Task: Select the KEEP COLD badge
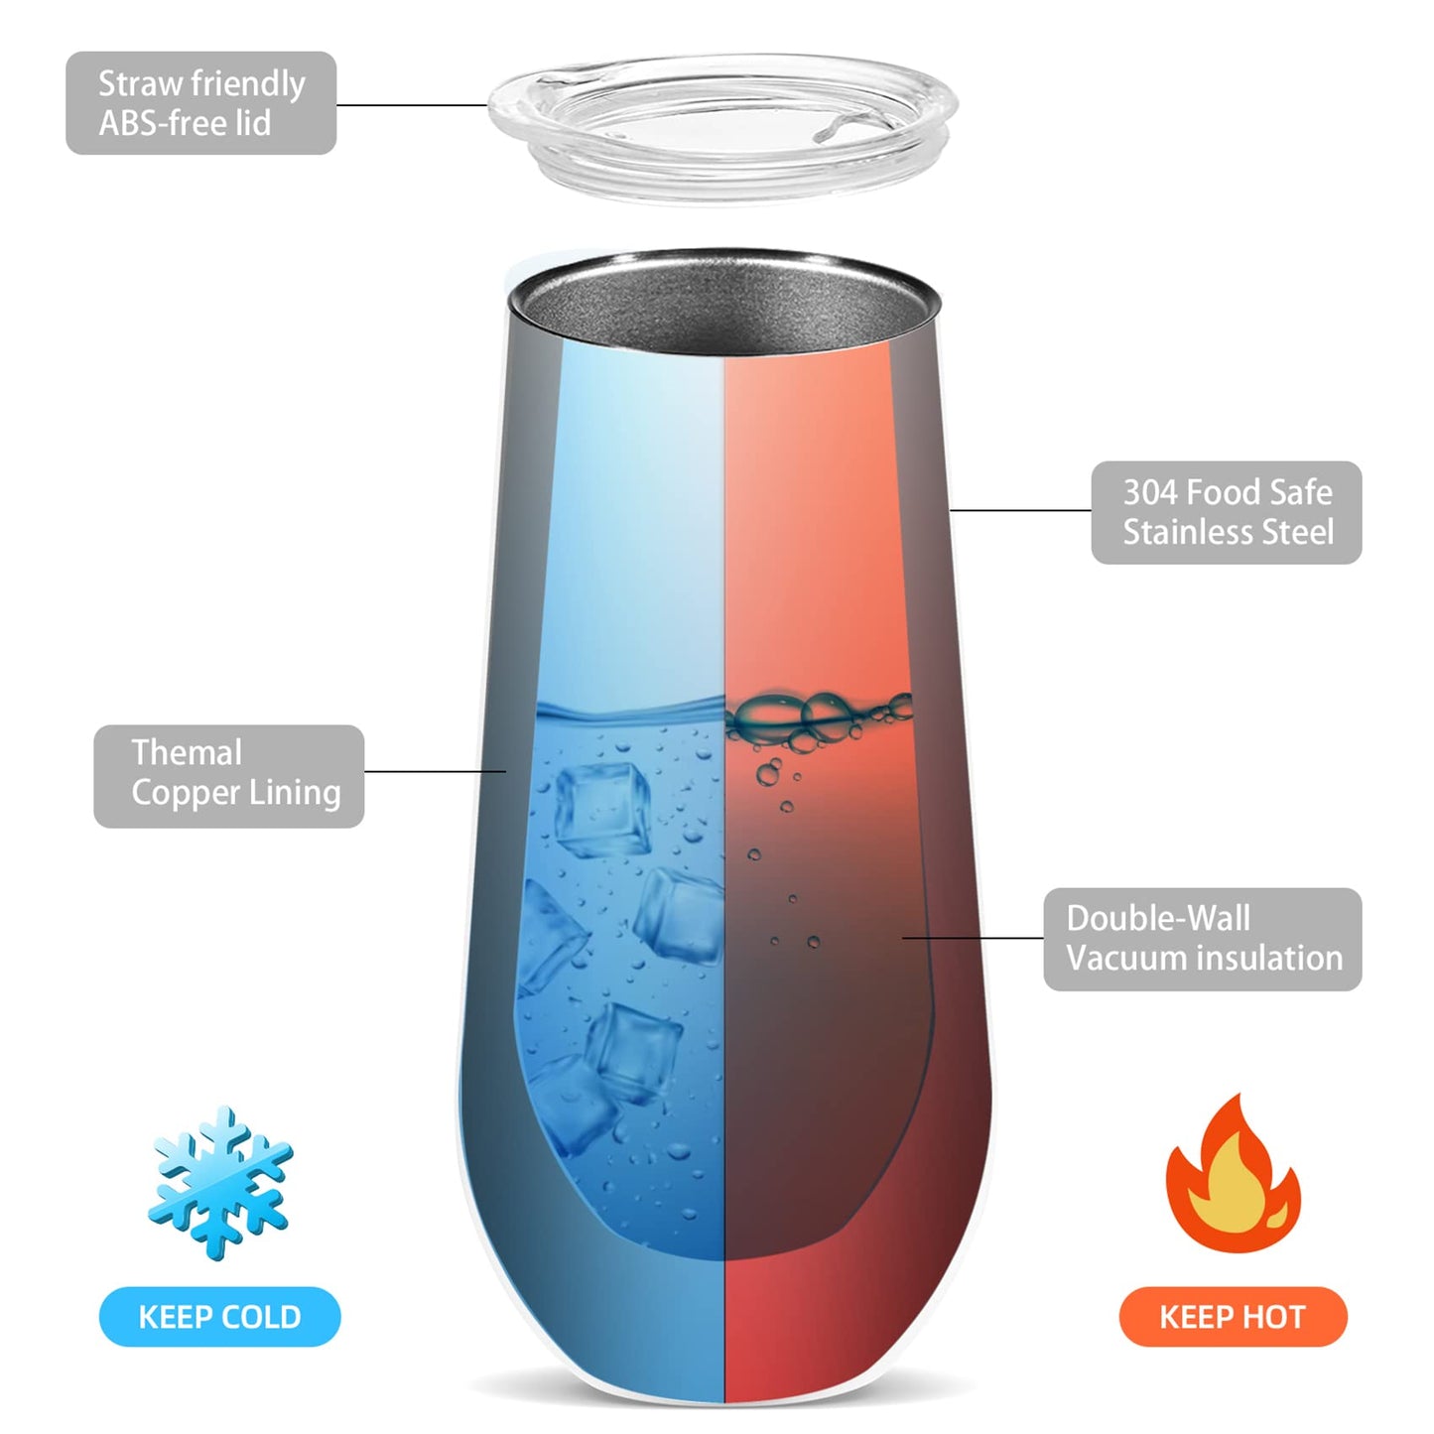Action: [x=219, y=1317]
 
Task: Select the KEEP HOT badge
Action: [x=1234, y=1317]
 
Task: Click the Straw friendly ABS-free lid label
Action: [x=200, y=102]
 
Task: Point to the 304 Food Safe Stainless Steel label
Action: [x=1227, y=512]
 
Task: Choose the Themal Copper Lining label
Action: [x=229, y=776]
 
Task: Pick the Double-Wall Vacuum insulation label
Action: [x=1203, y=939]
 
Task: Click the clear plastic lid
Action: [x=721, y=128]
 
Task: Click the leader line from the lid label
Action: [x=412, y=105]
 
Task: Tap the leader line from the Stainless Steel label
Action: [x=1020, y=510]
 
